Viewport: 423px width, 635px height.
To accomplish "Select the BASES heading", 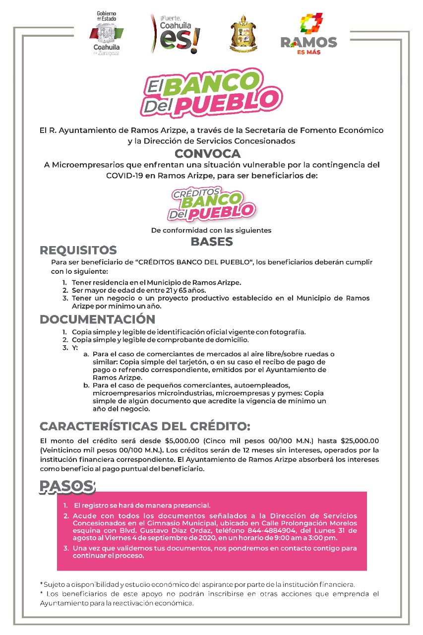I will [212, 242].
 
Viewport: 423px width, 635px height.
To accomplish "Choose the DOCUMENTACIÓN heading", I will [98, 319].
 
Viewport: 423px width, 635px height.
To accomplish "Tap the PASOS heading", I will [67, 487].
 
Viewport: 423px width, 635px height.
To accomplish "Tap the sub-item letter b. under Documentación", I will [86, 385].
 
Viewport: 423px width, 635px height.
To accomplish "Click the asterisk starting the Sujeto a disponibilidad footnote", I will [41, 585].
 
